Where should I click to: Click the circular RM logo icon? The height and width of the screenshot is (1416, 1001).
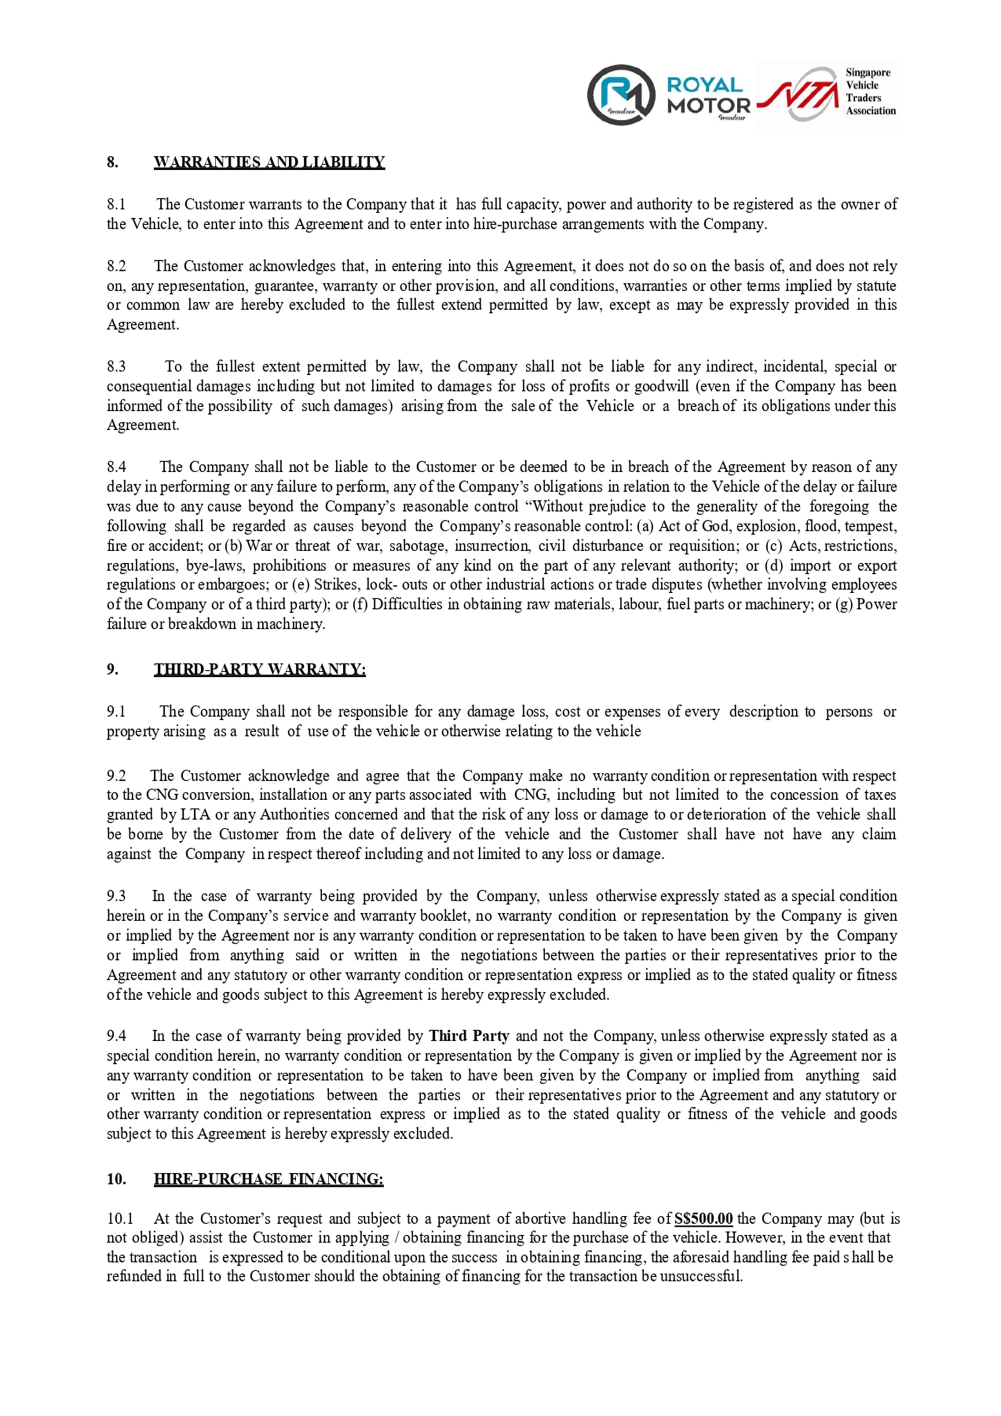[621, 94]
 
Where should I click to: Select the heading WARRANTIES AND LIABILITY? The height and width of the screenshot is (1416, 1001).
[269, 162]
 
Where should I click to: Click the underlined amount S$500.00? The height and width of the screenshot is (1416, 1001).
[704, 1218]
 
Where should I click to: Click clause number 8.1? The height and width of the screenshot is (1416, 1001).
[116, 204]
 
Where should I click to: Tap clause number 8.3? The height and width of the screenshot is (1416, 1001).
[116, 367]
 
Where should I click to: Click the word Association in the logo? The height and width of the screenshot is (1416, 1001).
[870, 111]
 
